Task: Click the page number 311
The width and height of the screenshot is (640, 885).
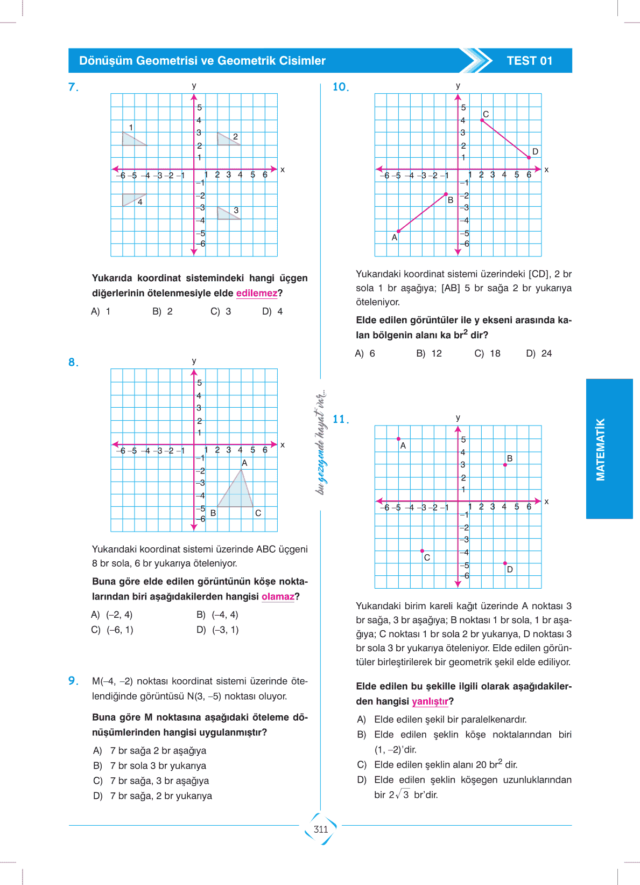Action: (321, 829)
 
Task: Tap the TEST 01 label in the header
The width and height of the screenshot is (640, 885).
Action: (529, 61)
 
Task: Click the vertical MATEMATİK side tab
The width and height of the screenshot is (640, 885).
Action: (601, 449)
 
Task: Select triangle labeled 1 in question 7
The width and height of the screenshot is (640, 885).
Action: (131, 138)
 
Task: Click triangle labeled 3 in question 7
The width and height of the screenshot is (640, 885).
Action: (226, 213)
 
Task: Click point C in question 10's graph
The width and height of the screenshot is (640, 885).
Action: (482, 120)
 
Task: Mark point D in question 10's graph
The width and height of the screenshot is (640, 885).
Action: (529, 157)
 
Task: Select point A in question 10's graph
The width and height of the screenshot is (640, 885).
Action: (398, 232)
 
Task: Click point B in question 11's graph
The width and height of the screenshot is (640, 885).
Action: (505, 464)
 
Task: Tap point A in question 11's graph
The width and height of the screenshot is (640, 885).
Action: (398, 439)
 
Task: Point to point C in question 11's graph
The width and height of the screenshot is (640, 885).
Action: (422, 551)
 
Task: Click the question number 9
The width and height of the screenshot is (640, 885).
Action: (73, 681)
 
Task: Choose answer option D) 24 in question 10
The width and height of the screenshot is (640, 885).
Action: (539, 353)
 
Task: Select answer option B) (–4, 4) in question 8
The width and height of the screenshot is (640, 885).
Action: (217, 615)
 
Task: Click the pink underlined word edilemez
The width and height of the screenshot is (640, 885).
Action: (257, 293)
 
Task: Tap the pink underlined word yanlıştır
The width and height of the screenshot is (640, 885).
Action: (430, 701)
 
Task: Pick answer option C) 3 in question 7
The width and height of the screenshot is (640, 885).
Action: (221, 311)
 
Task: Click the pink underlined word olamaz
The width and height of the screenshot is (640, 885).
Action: (278, 596)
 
